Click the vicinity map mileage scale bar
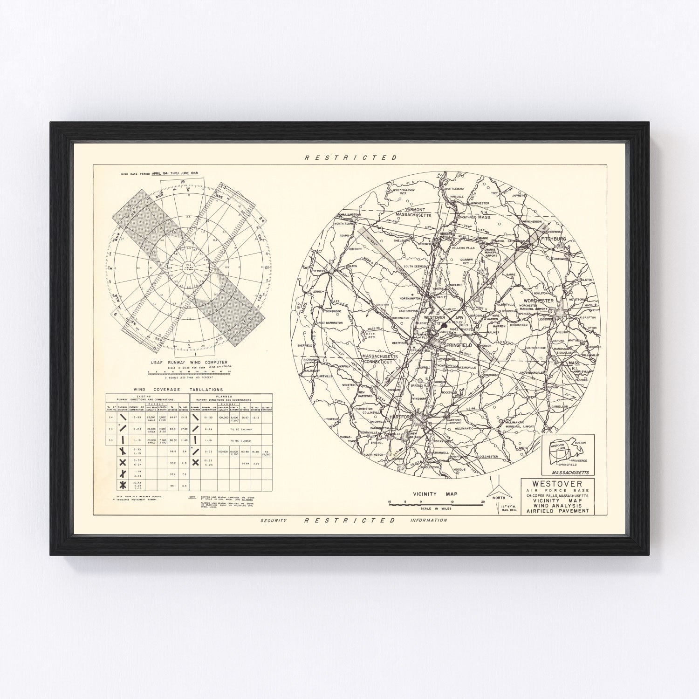click(x=436, y=502)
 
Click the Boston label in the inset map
click(x=580, y=442)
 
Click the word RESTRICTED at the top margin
click(x=350, y=158)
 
